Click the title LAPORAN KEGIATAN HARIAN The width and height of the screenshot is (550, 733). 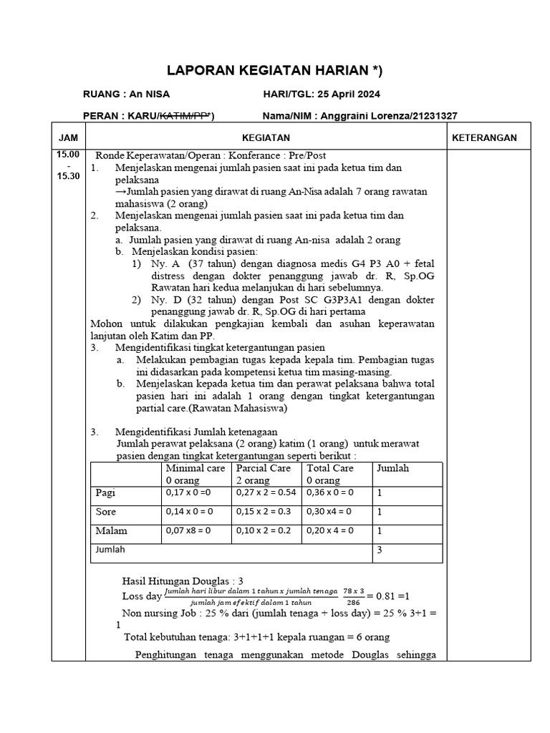(274, 70)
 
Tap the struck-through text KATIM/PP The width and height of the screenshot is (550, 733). (183, 116)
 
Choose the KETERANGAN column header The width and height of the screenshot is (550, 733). (483, 137)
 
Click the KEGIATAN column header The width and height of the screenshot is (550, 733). (266, 137)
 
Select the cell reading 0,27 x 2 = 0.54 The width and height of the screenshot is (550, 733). (266, 493)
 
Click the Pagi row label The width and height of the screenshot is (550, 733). (106, 492)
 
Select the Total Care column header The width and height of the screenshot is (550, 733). (330, 468)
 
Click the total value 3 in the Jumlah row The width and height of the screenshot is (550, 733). (380, 550)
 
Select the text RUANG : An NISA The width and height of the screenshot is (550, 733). (127, 94)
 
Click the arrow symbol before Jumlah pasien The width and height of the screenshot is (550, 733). (120, 193)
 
